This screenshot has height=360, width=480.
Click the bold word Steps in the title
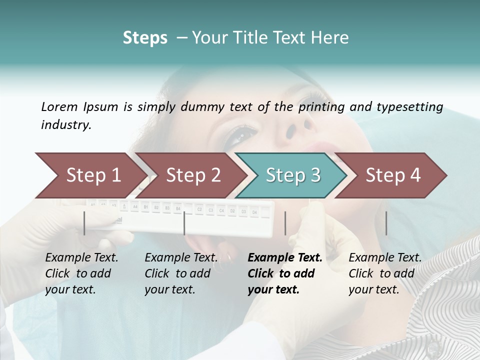(145, 38)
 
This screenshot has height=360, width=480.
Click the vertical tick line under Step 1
(84, 223)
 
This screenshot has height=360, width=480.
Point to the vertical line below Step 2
(184, 223)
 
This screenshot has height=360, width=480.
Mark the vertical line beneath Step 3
(285, 223)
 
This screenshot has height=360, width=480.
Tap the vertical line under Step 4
(386, 223)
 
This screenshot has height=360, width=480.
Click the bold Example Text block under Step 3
(285, 273)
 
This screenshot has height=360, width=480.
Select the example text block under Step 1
(81, 273)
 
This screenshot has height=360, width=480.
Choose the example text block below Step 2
(181, 273)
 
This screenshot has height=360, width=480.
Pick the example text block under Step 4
(385, 273)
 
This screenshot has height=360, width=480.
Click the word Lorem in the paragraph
(59, 106)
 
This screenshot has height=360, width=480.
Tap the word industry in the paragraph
(66, 125)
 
